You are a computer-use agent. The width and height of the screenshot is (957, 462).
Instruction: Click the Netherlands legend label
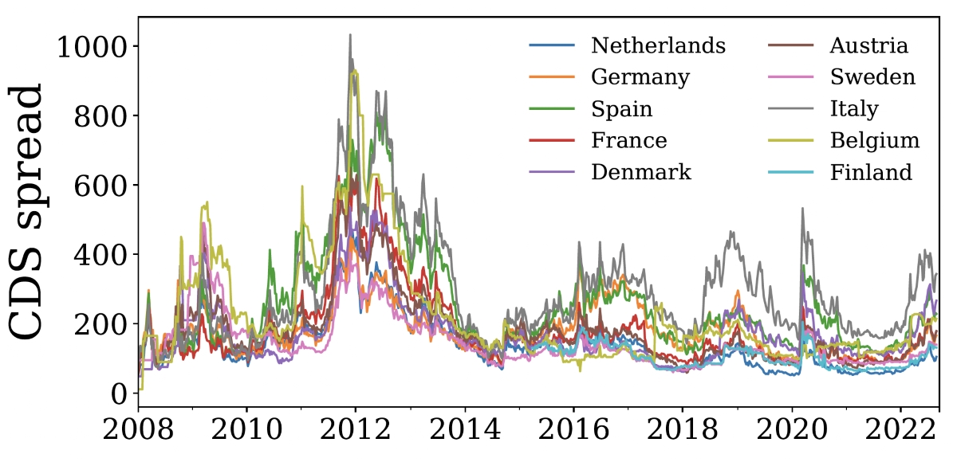click(658, 45)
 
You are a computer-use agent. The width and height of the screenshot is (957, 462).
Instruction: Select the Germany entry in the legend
click(640, 77)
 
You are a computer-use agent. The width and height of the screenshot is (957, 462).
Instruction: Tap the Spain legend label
click(621, 109)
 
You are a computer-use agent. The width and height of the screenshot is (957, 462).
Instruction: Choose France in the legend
click(628, 141)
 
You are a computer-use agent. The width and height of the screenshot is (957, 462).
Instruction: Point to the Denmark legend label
click(641, 172)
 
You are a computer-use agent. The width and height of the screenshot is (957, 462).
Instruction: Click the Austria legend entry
click(868, 45)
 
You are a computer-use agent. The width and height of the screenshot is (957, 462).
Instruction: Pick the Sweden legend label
click(872, 77)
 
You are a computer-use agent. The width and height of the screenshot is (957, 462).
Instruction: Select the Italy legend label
click(853, 109)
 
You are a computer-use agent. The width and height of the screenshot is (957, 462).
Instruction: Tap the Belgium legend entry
click(874, 141)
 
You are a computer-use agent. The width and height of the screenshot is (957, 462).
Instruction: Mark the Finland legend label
click(871, 172)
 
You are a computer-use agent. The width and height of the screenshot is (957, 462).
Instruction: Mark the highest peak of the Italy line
click(350, 35)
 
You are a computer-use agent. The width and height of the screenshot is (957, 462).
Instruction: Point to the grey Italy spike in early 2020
click(802, 209)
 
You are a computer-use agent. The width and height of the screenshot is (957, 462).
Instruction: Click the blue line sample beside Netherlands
click(552, 45)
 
